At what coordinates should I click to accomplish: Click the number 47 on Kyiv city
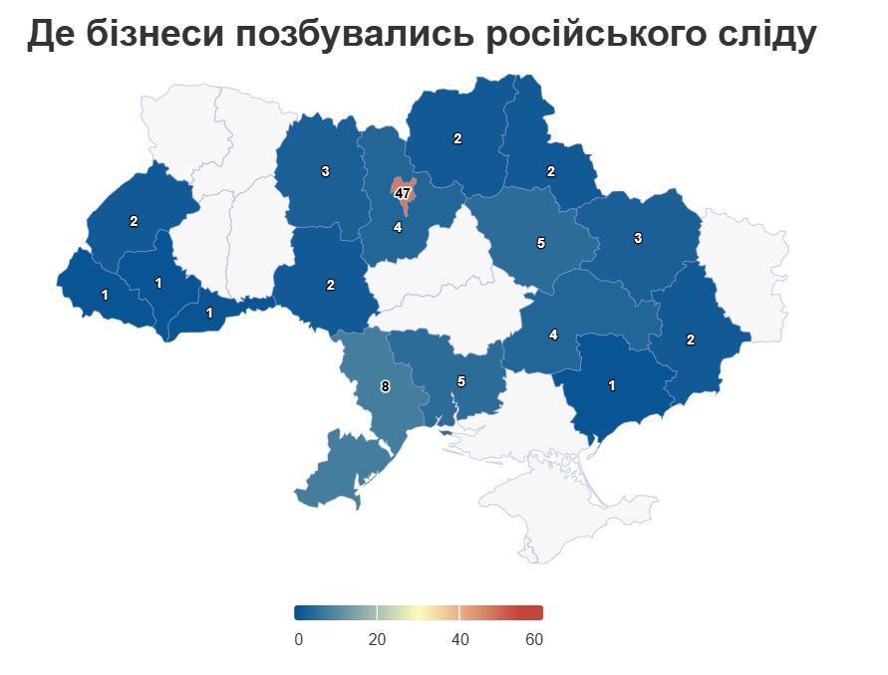(x=403, y=193)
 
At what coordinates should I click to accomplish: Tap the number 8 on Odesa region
(x=385, y=385)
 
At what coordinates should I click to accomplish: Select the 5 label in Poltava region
(x=540, y=242)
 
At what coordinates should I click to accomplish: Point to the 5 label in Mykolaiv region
(x=460, y=380)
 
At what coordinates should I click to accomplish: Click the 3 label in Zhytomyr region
(x=325, y=171)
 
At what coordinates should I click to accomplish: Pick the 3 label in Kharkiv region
(x=638, y=237)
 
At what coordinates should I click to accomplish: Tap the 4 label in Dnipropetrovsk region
(x=553, y=335)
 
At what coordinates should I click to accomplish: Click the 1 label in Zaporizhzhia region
(x=612, y=385)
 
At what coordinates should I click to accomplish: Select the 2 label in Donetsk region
(x=691, y=339)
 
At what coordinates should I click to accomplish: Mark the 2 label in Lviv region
(x=134, y=221)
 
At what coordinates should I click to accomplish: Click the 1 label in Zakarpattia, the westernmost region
(x=105, y=295)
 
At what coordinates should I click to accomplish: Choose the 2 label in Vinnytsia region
(x=330, y=285)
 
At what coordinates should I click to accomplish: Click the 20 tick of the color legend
(x=377, y=639)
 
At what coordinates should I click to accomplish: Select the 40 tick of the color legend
(x=459, y=639)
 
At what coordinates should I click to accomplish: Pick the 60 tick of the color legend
(x=534, y=639)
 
